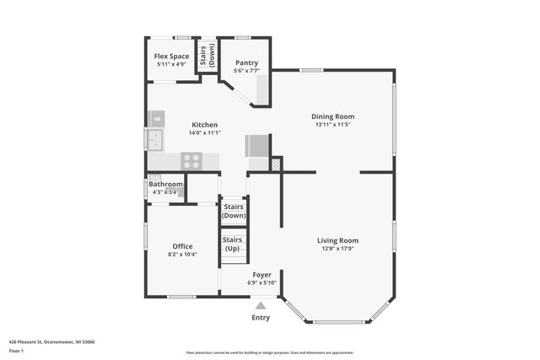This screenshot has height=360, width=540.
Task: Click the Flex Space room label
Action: click(171, 56)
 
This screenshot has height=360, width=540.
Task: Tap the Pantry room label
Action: click(246, 62)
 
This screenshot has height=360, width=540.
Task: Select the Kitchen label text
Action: click(204, 125)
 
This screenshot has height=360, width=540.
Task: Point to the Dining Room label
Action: click(332, 116)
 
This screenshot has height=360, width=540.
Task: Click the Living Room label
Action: click(337, 240)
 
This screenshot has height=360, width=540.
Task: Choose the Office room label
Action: click(182, 246)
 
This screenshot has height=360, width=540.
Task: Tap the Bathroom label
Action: click(165, 184)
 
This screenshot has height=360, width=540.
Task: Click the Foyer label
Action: click(262, 275)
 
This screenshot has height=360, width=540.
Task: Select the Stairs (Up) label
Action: click(233, 244)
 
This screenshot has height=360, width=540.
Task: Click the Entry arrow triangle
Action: click(261, 306)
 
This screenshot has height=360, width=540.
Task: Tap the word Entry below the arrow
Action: click(261, 318)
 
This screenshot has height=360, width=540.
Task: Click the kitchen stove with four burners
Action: click(192, 159)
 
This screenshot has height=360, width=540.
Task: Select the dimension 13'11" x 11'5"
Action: click(332, 125)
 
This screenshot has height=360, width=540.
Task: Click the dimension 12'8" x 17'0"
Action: click(337, 249)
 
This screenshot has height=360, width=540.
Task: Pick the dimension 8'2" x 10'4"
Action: click(182, 255)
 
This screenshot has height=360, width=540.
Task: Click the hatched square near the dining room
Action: click(275, 164)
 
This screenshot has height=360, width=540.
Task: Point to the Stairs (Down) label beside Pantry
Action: click(206, 56)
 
